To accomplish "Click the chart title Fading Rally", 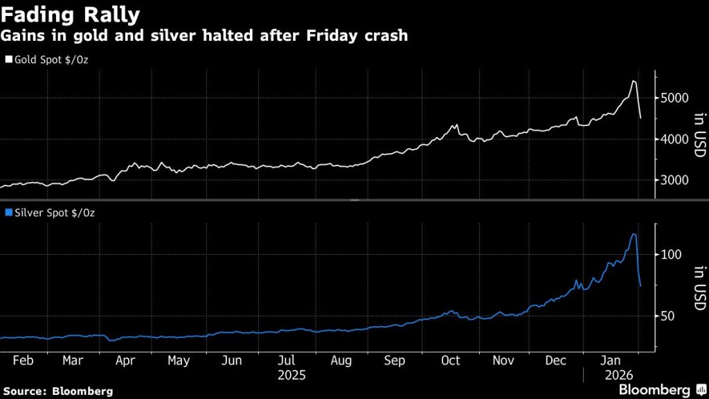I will (71, 15).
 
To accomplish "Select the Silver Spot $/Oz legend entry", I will (50, 213).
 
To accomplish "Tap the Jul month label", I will (287, 361).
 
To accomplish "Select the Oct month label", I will (451, 361).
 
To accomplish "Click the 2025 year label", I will (291, 375).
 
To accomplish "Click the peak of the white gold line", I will (634, 81).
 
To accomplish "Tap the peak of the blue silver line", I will (633, 234).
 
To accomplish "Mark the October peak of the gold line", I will (455, 125).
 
